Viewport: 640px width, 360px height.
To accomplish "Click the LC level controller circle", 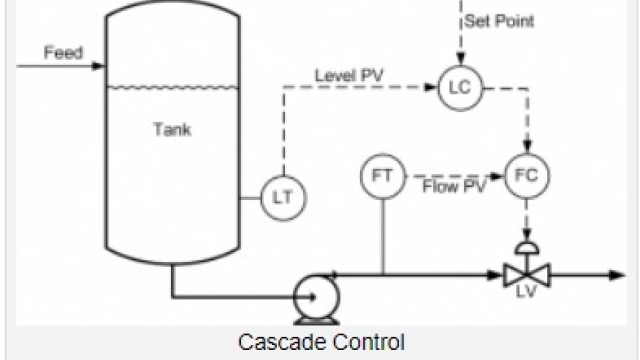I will point(459,88).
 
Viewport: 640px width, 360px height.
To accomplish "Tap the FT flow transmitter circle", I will point(381,177).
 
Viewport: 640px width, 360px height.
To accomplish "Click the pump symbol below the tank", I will point(313,295).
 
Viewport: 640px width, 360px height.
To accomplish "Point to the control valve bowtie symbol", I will point(524,273).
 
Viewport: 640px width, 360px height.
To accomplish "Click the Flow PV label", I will point(454,186).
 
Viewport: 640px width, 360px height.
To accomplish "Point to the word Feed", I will point(62,52).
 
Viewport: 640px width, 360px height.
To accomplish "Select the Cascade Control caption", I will point(322,341).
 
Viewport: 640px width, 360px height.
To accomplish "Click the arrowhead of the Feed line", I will point(100,67).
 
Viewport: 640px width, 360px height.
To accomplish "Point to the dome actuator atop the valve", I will point(524,245).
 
